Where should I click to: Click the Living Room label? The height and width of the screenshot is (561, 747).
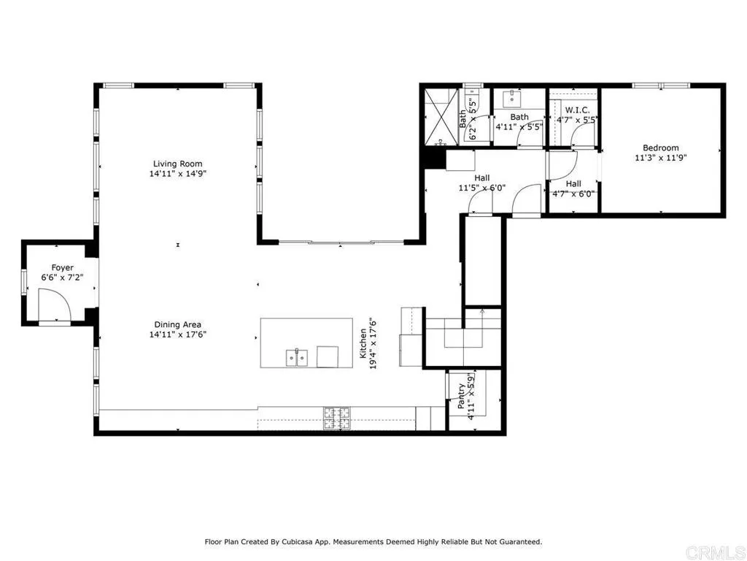pos(178,164)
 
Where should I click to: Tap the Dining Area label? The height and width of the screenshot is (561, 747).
pos(178,325)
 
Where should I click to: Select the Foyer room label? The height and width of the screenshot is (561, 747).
pos(63,267)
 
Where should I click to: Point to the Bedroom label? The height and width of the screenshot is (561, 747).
pos(661,148)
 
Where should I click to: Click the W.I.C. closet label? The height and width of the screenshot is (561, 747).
pos(578,110)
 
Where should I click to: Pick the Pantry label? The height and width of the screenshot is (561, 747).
pos(461,397)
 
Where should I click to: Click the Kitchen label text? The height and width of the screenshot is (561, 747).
pos(363,343)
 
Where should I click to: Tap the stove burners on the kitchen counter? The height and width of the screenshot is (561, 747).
pos(337,419)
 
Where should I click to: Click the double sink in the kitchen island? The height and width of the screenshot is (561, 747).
pos(297,358)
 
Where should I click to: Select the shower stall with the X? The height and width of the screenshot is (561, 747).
pos(441,117)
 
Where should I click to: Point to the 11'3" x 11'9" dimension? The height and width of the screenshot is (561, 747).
pos(661,158)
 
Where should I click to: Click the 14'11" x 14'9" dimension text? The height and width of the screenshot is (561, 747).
pos(178,174)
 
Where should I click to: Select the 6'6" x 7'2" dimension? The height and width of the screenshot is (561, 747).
pos(63,277)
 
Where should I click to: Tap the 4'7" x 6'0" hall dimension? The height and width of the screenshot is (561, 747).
pos(573,194)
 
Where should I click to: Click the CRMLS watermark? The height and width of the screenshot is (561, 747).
pos(716,552)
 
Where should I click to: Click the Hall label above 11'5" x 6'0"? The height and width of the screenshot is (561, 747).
pos(482,178)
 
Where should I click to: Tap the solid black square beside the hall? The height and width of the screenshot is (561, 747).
pos(435,158)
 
